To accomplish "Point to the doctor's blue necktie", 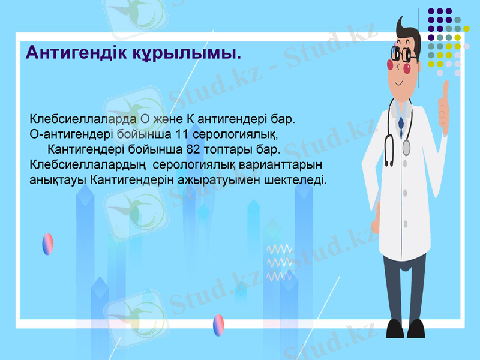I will coord(401,122).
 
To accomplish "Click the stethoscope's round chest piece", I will coord(406,147).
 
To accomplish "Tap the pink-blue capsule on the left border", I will coord(47,244).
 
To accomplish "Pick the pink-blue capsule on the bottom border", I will coord(219,325).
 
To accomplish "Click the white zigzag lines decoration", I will coord(279,262).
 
